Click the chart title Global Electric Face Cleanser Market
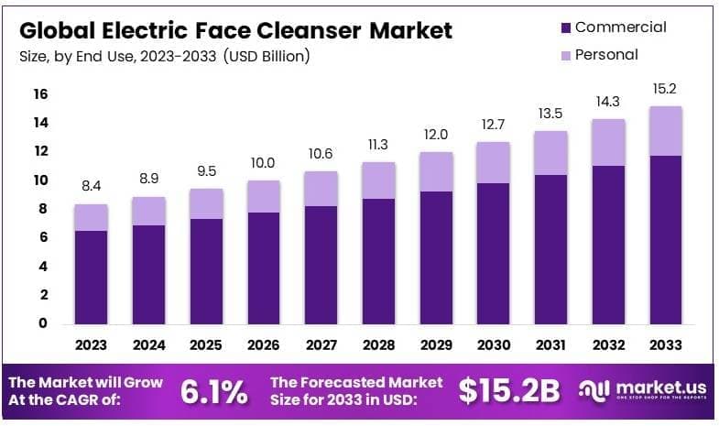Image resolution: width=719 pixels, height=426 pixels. (x=235, y=30)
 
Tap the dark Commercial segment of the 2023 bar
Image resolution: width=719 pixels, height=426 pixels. (x=92, y=277)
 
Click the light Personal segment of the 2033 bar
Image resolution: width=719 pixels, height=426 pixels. (x=666, y=131)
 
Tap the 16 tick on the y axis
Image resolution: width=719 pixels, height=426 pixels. (x=40, y=94)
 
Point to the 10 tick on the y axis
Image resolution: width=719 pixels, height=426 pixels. (x=40, y=180)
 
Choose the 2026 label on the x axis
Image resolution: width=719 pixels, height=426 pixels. (x=264, y=345)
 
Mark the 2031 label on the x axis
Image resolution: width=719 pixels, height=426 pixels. (x=551, y=345)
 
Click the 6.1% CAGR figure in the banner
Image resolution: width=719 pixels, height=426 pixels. (x=213, y=391)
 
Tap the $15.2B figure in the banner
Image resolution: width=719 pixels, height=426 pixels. (x=508, y=391)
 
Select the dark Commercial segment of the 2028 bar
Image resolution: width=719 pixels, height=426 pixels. (x=378, y=261)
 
